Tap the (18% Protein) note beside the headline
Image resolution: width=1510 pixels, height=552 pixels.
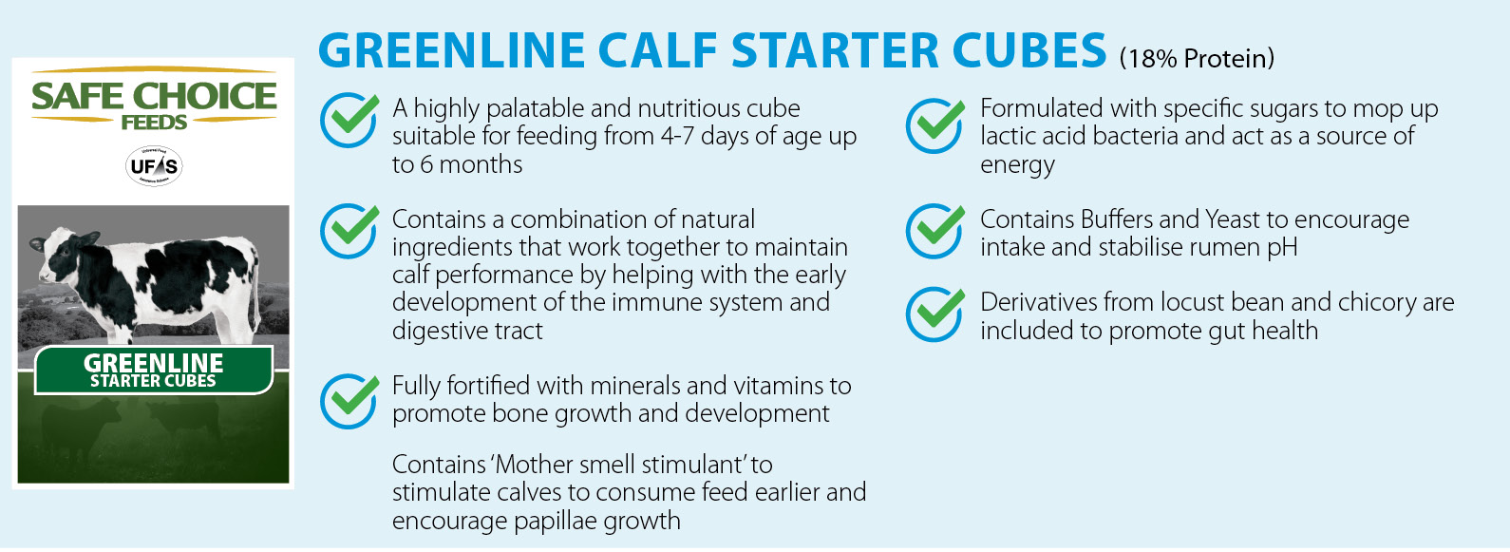pos(1198,59)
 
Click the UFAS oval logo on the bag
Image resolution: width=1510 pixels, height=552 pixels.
pos(154,166)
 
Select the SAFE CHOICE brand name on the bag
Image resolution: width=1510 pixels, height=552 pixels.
pos(154,96)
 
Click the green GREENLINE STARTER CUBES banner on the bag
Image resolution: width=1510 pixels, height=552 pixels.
pos(154,370)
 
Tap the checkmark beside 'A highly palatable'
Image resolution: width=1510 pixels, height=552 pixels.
pos(349,120)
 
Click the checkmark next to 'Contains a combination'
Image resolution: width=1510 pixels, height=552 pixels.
pos(349,231)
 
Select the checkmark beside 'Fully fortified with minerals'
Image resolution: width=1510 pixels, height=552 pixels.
pos(349,400)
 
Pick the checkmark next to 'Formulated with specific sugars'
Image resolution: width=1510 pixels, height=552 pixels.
pos(935,124)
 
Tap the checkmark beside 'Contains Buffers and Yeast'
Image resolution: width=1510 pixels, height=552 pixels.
pos(935,231)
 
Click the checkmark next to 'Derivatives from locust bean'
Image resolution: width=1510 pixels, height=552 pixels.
pos(935,314)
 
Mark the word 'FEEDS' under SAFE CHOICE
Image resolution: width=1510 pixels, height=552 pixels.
pos(154,123)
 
